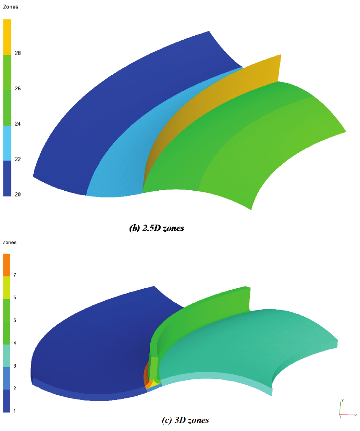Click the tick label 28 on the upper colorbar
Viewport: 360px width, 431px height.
[x=18, y=53]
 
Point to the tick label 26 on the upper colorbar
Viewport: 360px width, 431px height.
[x=18, y=89]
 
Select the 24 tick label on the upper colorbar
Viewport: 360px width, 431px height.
[x=18, y=124]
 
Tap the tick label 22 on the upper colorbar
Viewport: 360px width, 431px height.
[x=18, y=159]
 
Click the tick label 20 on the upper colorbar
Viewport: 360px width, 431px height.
[x=18, y=194]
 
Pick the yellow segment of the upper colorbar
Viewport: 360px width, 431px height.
[x=7, y=37]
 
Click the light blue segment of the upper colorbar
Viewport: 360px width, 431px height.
[x=7, y=143]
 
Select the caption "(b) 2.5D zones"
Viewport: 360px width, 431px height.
[x=157, y=229]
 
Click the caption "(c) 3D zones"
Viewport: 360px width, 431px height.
[x=185, y=420]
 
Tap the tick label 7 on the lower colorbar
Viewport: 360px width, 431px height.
[x=15, y=275]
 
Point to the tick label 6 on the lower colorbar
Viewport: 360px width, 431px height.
[x=15, y=297]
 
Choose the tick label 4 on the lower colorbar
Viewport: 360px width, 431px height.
[x=15, y=343]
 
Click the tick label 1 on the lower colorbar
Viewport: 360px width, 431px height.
[x=15, y=410]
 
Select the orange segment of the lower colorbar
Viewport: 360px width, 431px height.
[x=7, y=265]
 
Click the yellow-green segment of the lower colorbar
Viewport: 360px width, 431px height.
[x=7, y=287]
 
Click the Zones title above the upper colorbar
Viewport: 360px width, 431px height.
[x=11, y=7]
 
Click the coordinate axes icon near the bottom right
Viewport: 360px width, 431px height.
[x=344, y=410]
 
